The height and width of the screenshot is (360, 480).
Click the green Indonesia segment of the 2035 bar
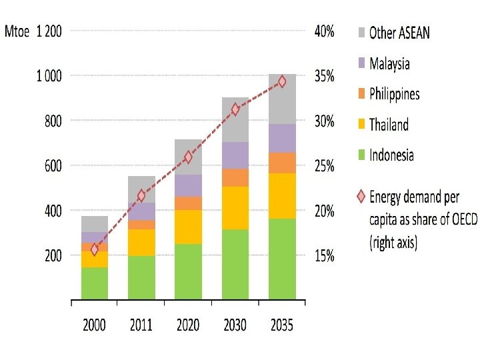[x=282, y=259]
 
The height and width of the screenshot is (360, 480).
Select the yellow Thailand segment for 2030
[x=235, y=208]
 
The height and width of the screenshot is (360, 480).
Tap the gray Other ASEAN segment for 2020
[x=188, y=157]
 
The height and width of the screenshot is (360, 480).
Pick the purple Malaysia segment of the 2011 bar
[x=141, y=211]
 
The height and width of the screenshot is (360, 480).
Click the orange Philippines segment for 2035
[x=282, y=163]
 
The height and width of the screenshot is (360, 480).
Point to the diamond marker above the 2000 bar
[x=95, y=249]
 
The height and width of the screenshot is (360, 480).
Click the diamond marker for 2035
[x=282, y=81]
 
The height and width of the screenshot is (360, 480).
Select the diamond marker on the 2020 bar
[x=188, y=157]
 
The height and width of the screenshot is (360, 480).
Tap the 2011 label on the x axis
[x=141, y=325]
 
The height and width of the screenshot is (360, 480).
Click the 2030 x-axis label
[x=235, y=325]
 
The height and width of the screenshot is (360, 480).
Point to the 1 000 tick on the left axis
[x=49, y=76]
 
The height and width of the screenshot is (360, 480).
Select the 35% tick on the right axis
[x=324, y=76]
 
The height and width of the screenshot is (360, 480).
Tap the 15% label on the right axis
[x=324, y=256]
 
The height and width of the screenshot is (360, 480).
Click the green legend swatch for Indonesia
[x=361, y=155]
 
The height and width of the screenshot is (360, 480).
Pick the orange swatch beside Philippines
[x=361, y=94]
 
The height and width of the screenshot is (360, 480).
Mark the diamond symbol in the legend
[x=361, y=196]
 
